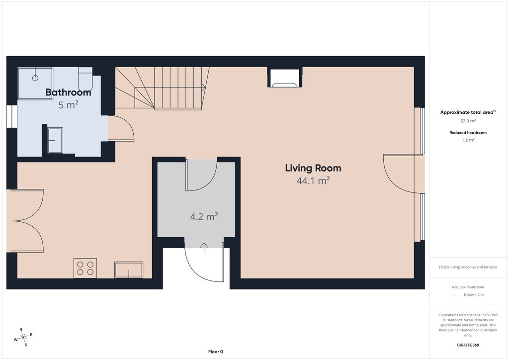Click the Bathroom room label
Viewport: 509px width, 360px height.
[68, 92]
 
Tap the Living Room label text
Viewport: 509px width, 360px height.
[313, 168]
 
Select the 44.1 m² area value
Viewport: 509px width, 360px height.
[313, 180]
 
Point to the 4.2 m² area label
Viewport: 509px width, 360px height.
[204, 216]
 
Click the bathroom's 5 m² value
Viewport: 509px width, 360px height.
[68, 105]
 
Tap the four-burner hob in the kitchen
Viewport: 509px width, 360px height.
[85, 268]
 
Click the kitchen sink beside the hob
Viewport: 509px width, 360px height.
[129, 270]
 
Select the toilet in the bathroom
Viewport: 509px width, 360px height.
[85, 80]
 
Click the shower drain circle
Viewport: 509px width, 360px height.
[35, 78]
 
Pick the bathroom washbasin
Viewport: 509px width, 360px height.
[55, 140]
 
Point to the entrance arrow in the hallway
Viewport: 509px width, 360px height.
[204, 247]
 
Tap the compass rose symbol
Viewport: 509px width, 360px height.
[23, 338]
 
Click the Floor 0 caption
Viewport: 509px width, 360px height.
[216, 352]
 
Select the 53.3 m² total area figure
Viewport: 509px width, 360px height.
[468, 121]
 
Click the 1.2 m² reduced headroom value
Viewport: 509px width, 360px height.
[468, 140]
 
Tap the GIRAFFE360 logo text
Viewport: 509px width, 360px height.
[468, 345]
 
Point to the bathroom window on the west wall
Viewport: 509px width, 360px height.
[12, 116]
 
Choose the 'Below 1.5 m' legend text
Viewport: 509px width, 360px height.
[474, 295]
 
